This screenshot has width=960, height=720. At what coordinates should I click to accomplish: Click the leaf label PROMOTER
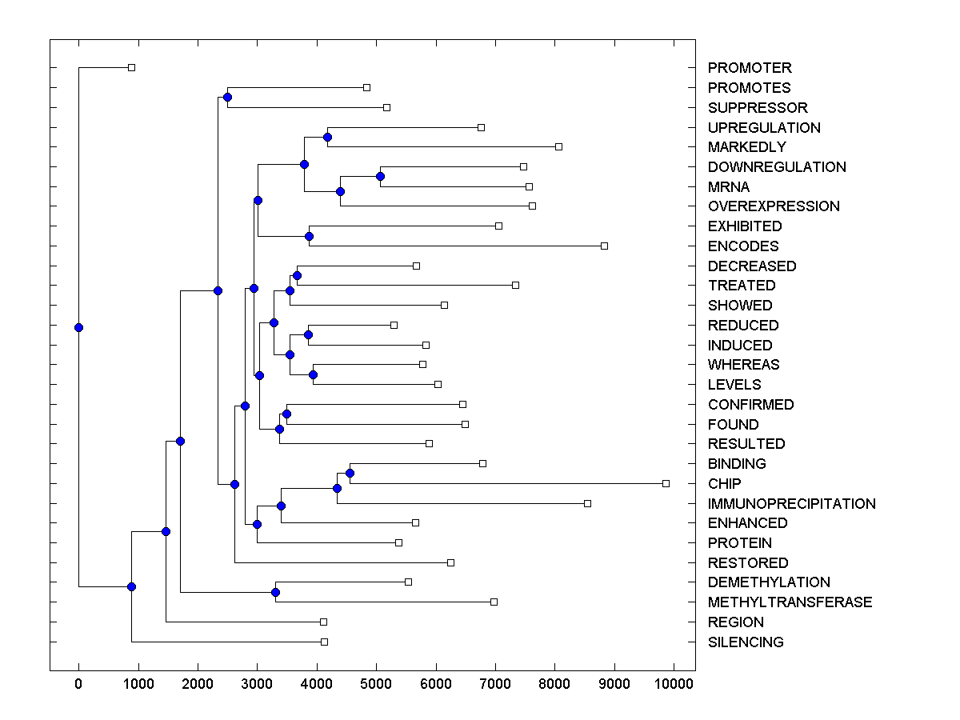(x=749, y=68)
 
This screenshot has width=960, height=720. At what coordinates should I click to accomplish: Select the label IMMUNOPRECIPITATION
(x=791, y=504)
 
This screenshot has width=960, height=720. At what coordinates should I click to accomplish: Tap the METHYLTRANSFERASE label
(x=790, y=602)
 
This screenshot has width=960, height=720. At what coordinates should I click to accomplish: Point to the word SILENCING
(x=746, y=642)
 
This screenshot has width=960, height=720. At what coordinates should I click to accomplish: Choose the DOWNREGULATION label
(x=776, y=167)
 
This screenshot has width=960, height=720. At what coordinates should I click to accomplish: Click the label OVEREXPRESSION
(x=774, y=206)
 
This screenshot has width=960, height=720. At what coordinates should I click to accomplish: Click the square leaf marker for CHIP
(x=666, y=483)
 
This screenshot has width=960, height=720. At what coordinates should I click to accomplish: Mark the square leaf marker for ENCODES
(x=604, y=246)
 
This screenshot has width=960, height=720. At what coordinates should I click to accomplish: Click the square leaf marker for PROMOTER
(x=132, y=68)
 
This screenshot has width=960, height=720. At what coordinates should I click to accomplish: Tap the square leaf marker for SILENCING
(x=324, y=642)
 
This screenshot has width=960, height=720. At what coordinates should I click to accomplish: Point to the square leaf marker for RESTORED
(x=450, y=562)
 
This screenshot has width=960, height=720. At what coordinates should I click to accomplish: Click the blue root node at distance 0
(x=78, y=327)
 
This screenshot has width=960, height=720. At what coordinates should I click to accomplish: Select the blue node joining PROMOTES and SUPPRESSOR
(x=227, y=98)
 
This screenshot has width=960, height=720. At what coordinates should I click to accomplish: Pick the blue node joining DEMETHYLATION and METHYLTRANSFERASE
(x=275, y=592)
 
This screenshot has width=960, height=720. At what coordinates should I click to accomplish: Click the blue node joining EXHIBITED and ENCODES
(x=310, y=236)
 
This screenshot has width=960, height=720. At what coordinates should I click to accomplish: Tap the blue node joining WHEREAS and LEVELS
(x=313, y=374)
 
